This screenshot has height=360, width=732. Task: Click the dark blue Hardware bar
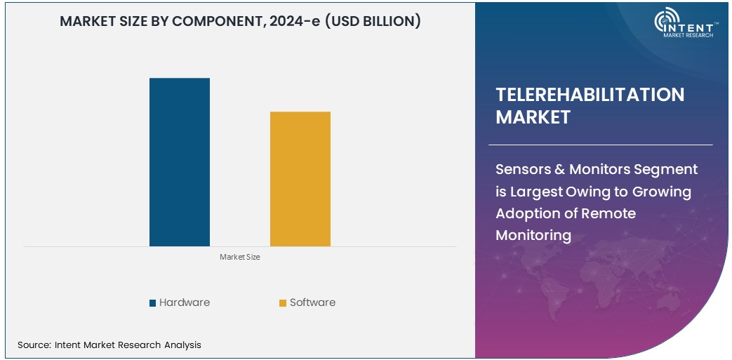click(180, 162)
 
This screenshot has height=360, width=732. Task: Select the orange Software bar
click(300, 179)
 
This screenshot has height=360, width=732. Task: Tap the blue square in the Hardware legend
click(152, 303)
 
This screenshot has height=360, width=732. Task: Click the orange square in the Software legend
click(283, 303)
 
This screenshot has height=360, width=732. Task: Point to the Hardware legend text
click(185, 302)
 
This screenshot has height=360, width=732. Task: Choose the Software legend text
click(312, 302)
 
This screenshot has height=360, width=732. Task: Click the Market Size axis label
click(240, 258)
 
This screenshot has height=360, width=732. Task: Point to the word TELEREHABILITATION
click(590, 95)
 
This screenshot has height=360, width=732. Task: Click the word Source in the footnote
click(33, 345)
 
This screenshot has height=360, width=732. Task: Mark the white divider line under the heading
click(604, 145)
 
